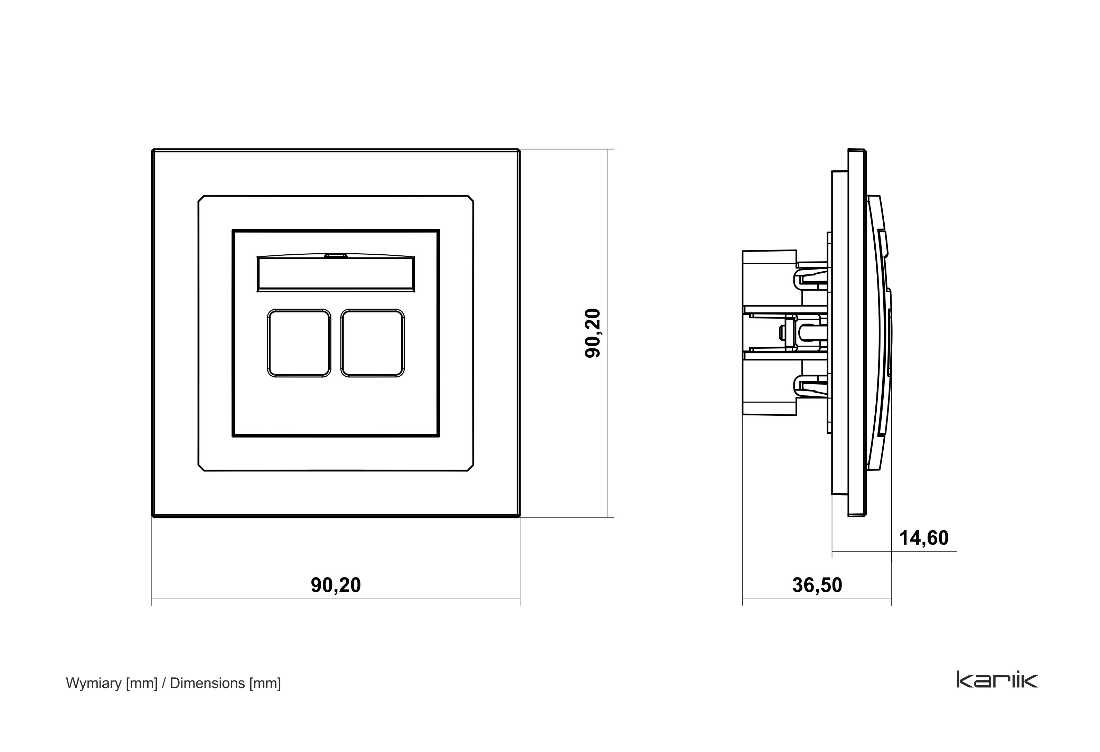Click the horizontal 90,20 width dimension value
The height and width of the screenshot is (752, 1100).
click(336, 585)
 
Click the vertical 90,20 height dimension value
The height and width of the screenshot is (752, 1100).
click(593, 333)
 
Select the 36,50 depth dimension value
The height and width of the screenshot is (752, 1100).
click(817, 585)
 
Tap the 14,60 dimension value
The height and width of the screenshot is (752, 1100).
click(923, 538)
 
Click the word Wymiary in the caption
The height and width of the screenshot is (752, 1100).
click(94, 683)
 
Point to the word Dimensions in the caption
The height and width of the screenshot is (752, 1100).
click(207, 683)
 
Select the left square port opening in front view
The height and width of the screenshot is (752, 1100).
click(299, 343)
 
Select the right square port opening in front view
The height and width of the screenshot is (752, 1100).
click(373, 343)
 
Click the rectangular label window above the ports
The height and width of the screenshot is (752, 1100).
click(336, 274)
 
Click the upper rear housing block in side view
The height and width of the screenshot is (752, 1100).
click(769, 279)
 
